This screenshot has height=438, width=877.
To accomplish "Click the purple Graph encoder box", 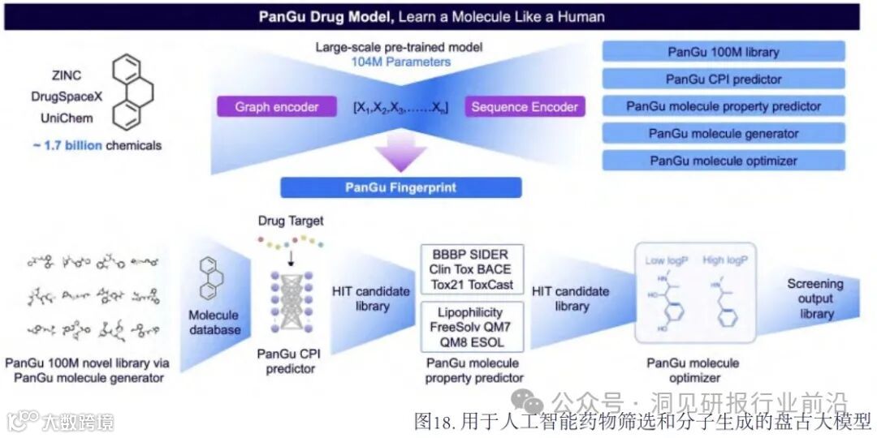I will pos(277,107).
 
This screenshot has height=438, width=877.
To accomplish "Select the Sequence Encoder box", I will pos(525,107).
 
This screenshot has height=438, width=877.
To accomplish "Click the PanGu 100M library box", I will pos(723,52).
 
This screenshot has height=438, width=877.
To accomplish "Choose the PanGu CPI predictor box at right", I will pos(723,79).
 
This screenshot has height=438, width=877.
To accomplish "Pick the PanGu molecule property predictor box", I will pos(723,106).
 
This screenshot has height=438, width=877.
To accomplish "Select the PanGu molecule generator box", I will pos(723,134).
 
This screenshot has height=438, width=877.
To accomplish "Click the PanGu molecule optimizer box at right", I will pos(723,161).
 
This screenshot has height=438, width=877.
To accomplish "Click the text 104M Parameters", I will pos(400,62).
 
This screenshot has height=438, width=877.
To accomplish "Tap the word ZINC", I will pos(67,76).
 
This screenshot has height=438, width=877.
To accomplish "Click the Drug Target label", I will pos(290,221).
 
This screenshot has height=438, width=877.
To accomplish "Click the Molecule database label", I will pos(214,322).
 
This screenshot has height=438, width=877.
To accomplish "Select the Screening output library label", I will pos(815,298).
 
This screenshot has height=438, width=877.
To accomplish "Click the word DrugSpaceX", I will pos(67,97).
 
